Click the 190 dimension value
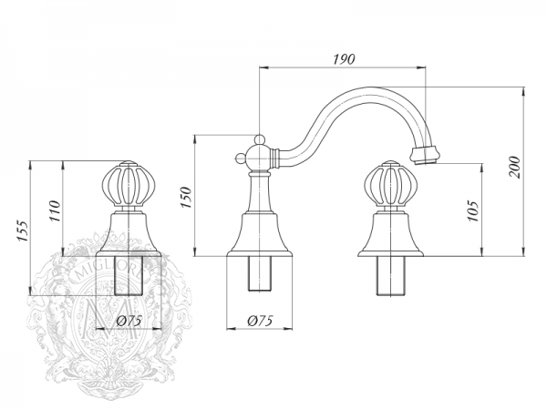point(344,57)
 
